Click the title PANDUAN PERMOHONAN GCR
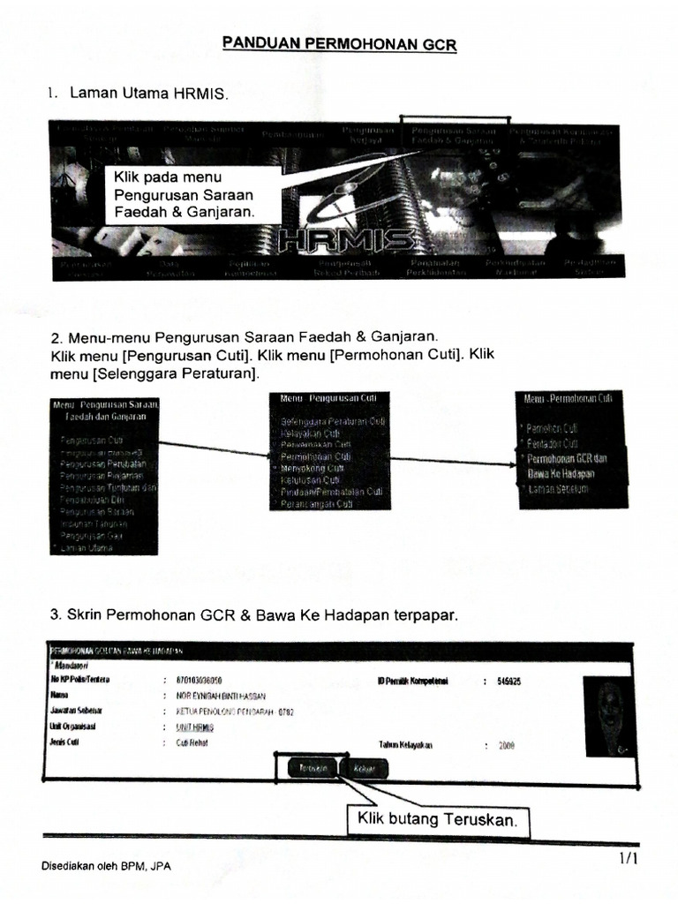pos(339,43)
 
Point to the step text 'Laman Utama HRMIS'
pos(148,93)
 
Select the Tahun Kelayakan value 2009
pos(507,745)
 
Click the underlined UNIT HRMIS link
pos(188,727)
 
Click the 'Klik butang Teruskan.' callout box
pos(435,820)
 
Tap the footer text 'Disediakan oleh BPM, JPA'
pos(106,866)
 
